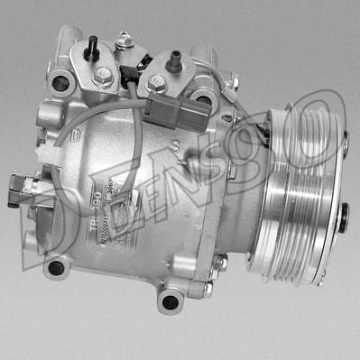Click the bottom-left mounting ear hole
coord(56,267)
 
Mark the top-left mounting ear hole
coord(60,83)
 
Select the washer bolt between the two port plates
coord(125,42)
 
